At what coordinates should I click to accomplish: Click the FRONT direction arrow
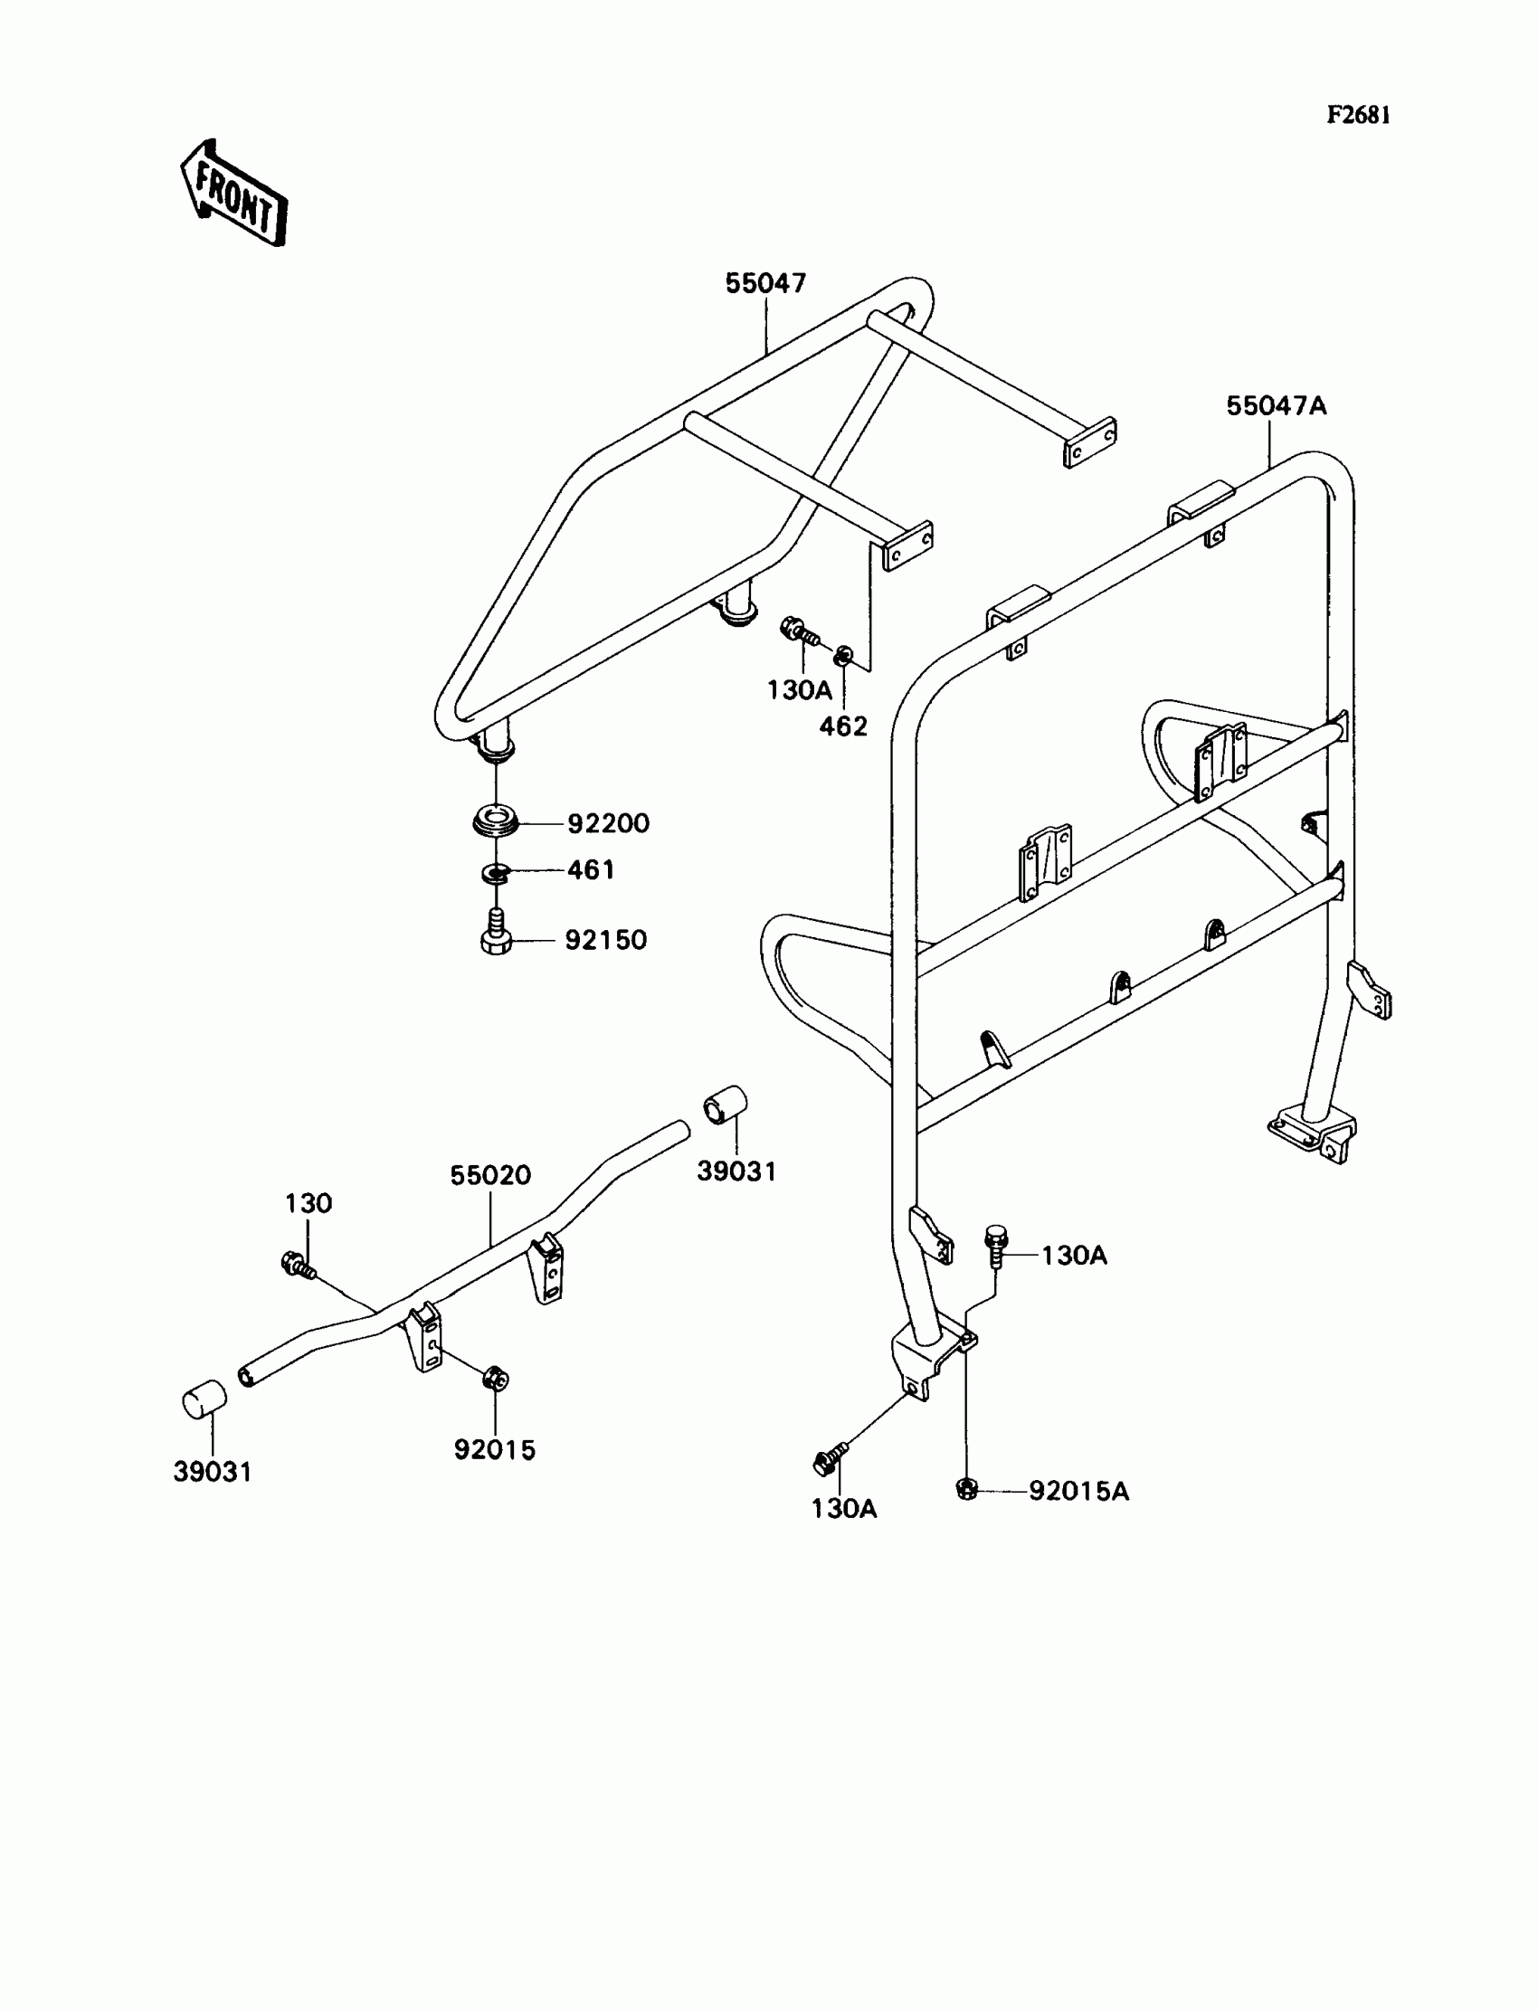(x=234, y=193)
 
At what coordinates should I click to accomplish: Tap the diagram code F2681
(x=1359, y=115)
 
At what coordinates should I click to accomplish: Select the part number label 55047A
(x=1277, y=405)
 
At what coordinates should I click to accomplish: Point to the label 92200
(x=608, y=824)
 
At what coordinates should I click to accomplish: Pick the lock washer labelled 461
(x=494, y=873)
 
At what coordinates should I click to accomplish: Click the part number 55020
(x=489, y=1175)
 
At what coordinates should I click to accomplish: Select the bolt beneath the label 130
(x=298, y=1265)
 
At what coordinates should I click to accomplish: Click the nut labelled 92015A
(x=966, y=1489)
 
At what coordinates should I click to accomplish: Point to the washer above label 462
(x=843, y=655)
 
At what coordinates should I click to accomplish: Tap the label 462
(x=842, y=726)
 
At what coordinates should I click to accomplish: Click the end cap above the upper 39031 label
(x=725, y=1105)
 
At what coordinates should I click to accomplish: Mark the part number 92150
(x=605, y=940)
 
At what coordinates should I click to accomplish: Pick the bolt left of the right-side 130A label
(x=996, y=1246)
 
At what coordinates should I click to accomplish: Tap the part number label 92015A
(x=1078, y=1491)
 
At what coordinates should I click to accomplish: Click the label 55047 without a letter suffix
(x=765, y=284)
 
